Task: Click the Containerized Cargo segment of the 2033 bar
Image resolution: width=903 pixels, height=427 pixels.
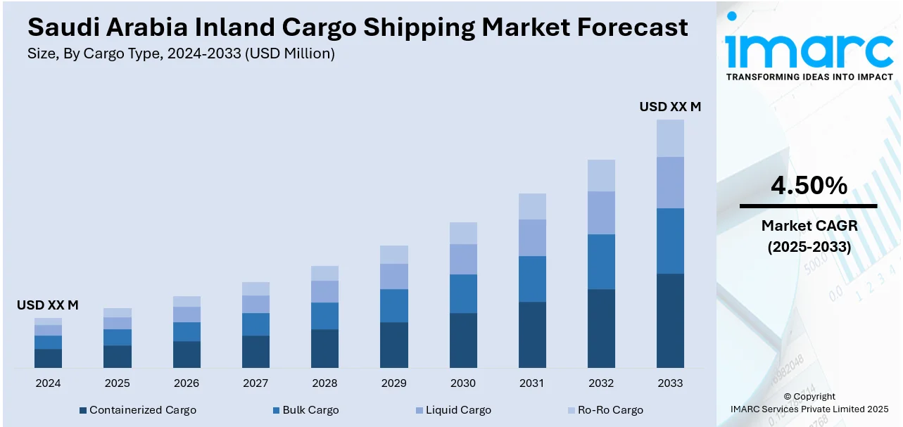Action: (670, 320)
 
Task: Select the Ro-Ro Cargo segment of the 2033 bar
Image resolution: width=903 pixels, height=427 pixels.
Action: (670, 138)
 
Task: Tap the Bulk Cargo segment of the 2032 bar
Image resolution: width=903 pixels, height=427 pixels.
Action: (601, 262)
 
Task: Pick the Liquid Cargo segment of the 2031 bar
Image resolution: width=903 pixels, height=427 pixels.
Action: (532, 238)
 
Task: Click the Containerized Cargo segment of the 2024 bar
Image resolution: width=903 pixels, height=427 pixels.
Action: (48, 358)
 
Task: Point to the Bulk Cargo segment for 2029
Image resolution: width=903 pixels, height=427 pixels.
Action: (393, 305)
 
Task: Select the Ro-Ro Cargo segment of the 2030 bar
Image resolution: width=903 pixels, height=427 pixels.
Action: (463, 233)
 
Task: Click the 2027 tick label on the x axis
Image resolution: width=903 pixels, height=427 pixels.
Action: (255, 383)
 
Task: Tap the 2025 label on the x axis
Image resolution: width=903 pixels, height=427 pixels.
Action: (117, 383)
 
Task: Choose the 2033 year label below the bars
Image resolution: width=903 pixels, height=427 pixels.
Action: (670, 383)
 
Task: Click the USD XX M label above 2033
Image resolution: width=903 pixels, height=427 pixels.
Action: (670, 107)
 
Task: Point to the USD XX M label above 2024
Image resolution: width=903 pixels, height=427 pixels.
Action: (48, 305)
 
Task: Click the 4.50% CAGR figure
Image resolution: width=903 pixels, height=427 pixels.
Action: (809, 186)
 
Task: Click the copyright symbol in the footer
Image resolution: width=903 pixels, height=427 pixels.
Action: (788, 397)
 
